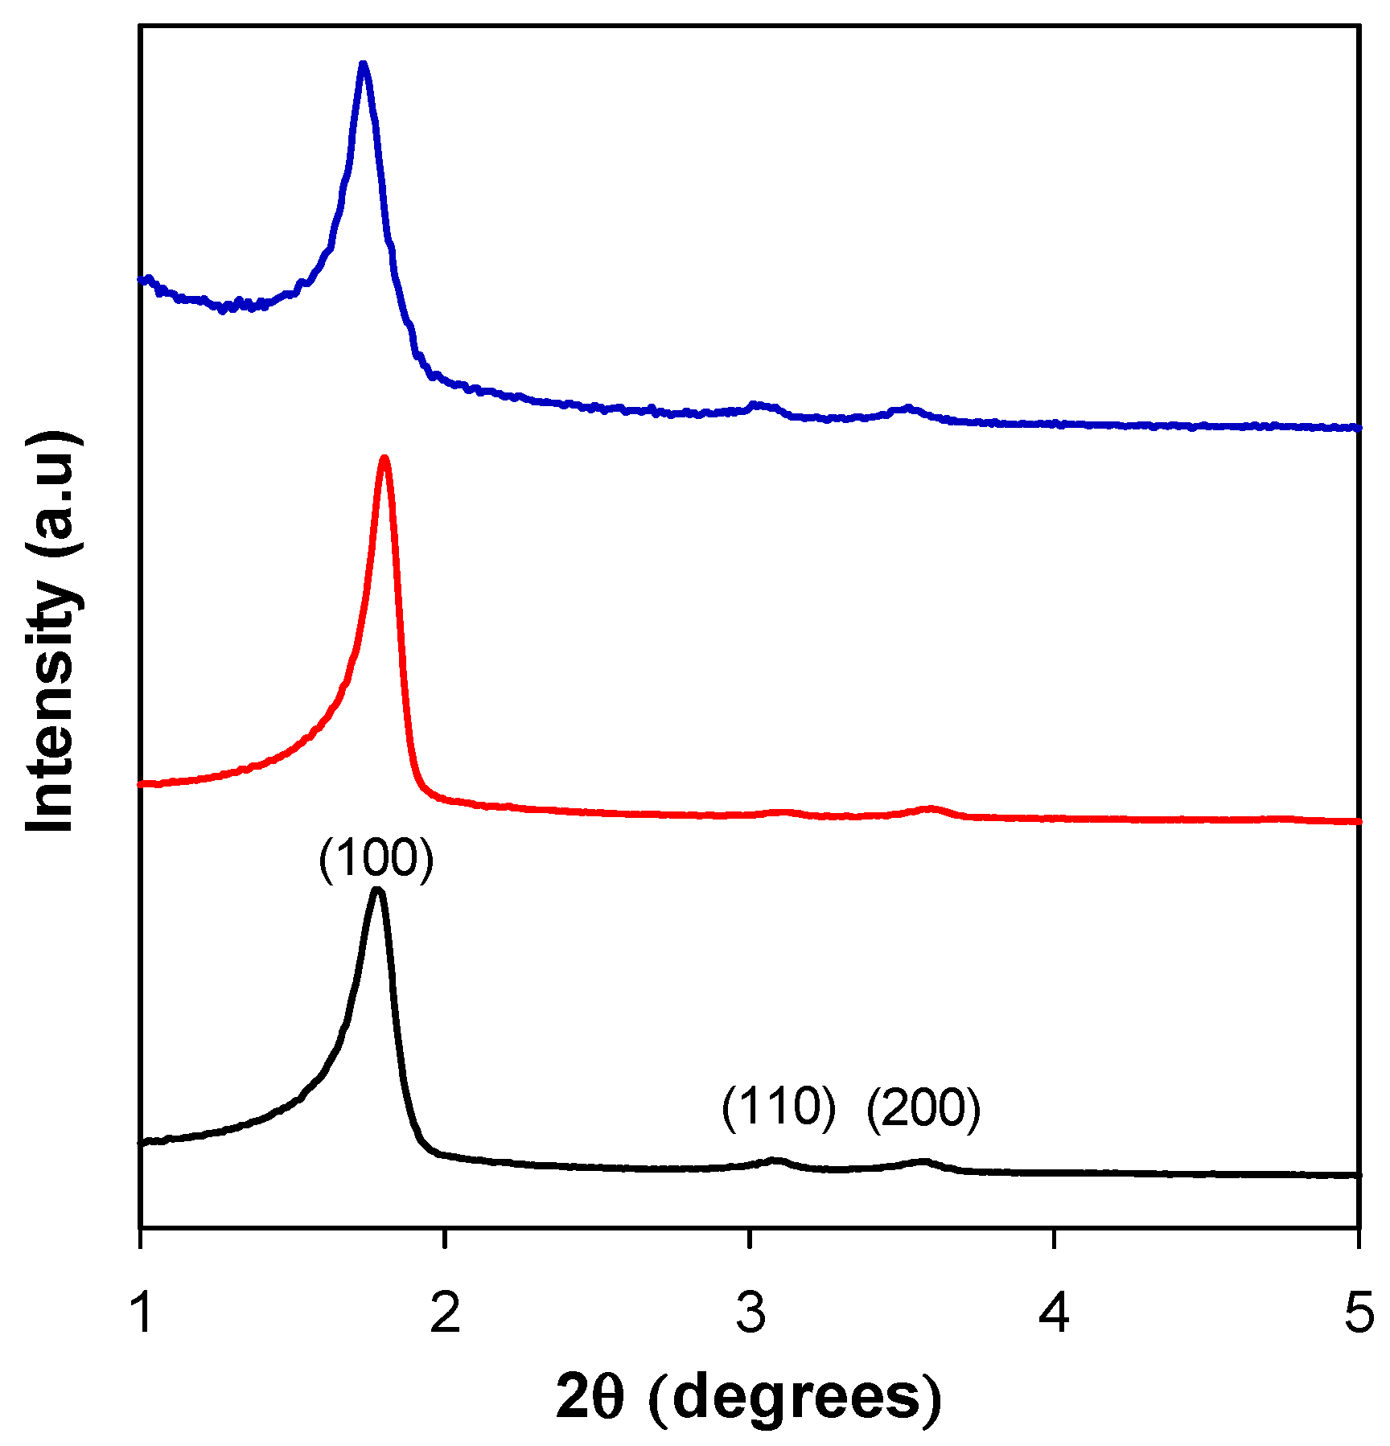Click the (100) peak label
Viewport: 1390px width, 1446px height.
(x=376, y=860)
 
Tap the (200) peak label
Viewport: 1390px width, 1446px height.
(x=923, y=1109)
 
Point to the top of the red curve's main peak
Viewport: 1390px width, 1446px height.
(x=385, y=459)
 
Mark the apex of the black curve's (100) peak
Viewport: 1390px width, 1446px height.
(x=377, y=891)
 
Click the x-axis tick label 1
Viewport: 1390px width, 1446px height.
(x=142, y=1312)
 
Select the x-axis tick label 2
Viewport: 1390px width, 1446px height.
(x=445, y=1312)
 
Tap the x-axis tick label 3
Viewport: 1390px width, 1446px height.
(x=750, y=1312)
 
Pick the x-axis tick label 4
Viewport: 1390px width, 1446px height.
(x=1054, y=1312)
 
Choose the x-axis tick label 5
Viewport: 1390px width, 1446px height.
(x=1359, y=1312)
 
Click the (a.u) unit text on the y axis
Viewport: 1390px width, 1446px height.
(x=52, y=494)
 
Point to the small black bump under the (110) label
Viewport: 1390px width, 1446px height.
(x=775, y=1160)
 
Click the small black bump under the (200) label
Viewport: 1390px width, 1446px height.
(x=923, y=1161)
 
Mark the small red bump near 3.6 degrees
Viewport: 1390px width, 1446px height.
(x=931, y=807)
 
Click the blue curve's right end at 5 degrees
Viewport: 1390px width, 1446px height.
(x=1356, y=427)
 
